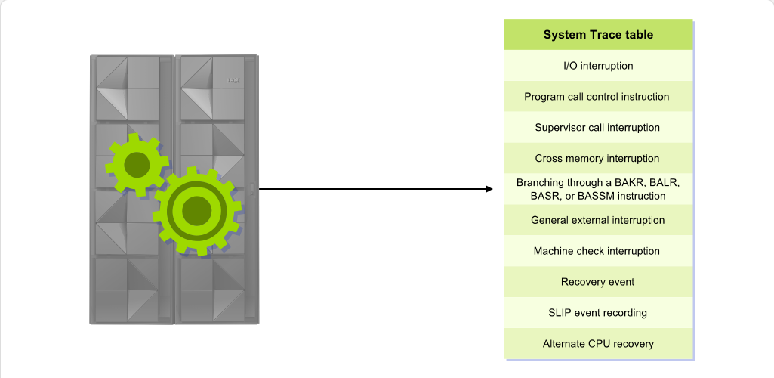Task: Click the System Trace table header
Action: (x=598, y=35)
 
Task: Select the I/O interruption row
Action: (x=598, y=66)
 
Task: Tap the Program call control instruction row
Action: (x=598, y=96)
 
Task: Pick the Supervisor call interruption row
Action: (x=598, y=128)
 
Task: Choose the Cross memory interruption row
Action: (x=598, y=158)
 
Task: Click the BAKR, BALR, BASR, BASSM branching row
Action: (x=598, y=189)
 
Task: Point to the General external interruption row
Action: (x=598, y=220)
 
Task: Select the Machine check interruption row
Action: (x=598, y=251)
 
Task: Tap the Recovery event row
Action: (x=598, y=282)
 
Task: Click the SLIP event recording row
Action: (x=598, y=313)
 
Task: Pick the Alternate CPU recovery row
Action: (x=598, y=344)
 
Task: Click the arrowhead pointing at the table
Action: (x=489, y=189)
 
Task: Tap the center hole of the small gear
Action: (x=137, y=165)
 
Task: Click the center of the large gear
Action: (x=197, y=211)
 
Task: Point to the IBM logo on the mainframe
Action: (x=233, y=80)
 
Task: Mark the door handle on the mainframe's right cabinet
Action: (x=252, y=188)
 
